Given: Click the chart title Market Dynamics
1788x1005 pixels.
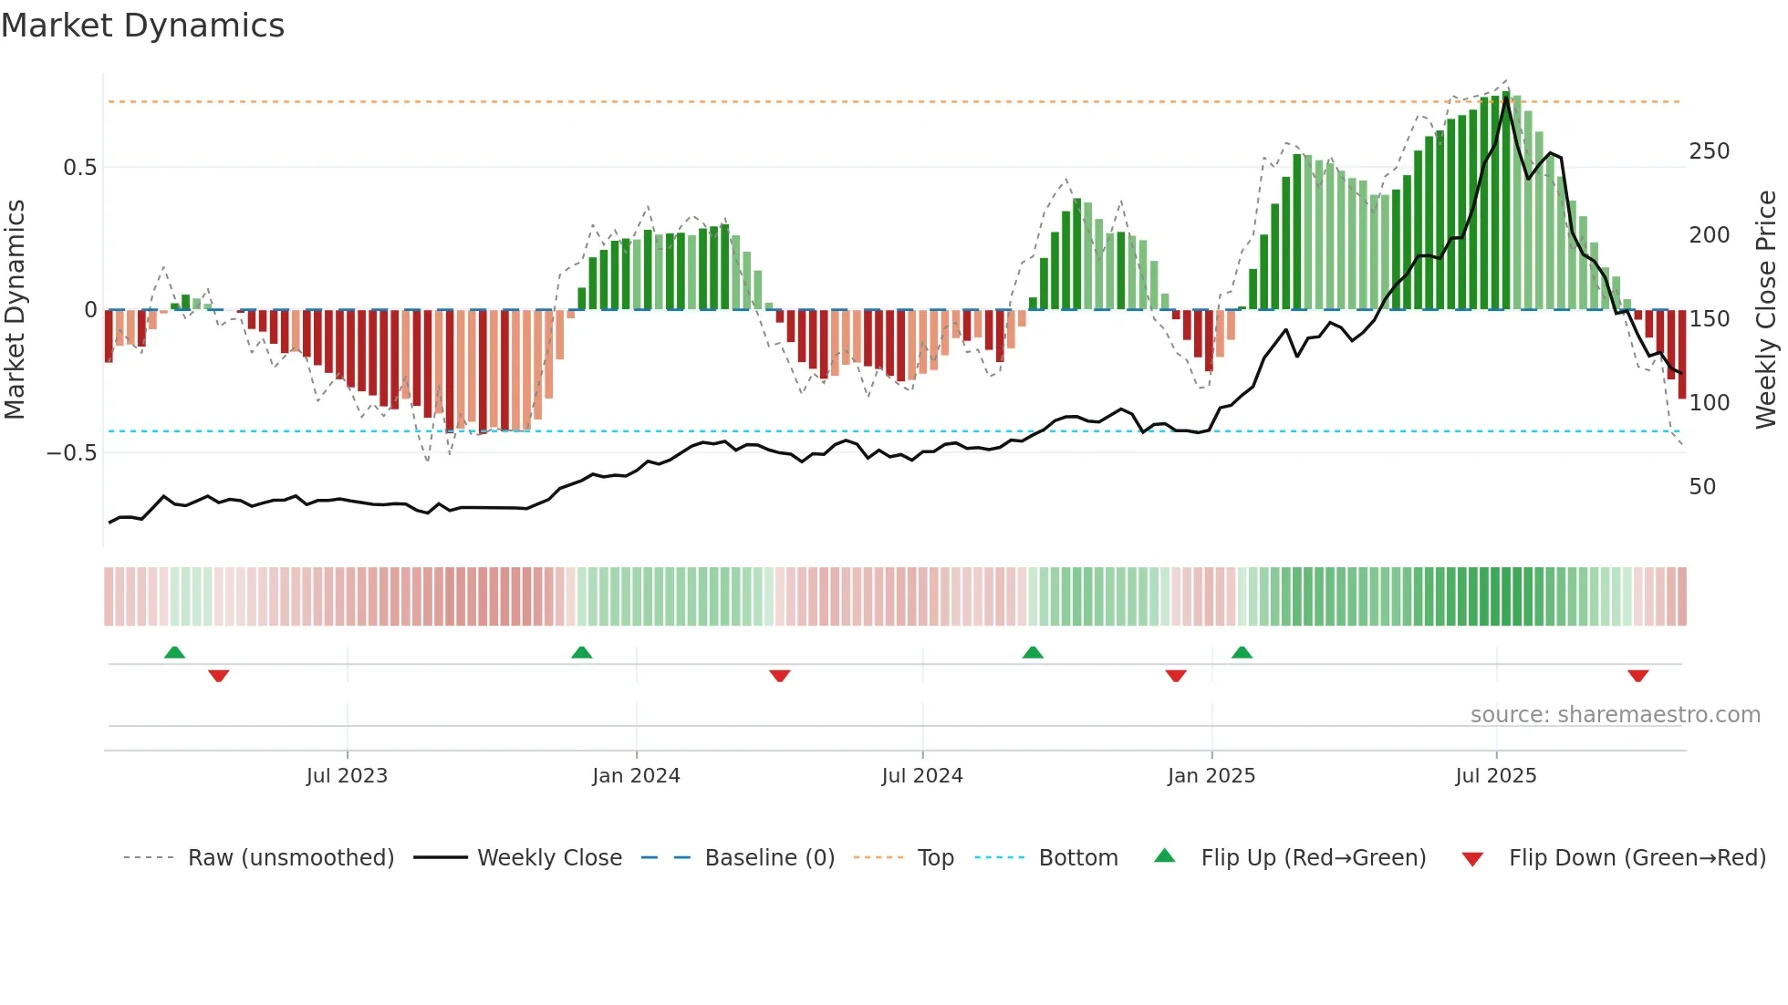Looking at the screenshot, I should pos(142,26).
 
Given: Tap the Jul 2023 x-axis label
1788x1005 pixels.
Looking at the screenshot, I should pos(347,776).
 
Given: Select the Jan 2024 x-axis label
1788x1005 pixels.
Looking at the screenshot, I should pos(636,776).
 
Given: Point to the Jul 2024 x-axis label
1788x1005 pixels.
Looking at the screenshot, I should pos(922,776).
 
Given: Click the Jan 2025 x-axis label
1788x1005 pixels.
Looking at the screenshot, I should pos(1211,776).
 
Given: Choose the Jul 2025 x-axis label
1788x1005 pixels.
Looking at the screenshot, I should pos(1496,776).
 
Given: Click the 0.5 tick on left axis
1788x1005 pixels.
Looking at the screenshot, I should pos(79,168).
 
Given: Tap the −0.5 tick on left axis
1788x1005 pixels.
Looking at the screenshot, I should pos(71,453).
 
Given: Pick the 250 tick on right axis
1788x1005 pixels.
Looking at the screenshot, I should pos(1709,151).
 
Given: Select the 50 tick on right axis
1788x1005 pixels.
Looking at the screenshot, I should pos(1702,487).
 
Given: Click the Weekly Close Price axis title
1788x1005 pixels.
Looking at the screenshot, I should pos(1766,310).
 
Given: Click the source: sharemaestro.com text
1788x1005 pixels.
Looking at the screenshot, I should pos(1615,715).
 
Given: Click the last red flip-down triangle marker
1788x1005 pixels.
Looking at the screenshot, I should pos(1637,676).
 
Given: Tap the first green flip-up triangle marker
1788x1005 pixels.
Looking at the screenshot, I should pos(174,652).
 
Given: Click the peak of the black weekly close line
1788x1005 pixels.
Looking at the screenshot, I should pos(1507,94).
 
